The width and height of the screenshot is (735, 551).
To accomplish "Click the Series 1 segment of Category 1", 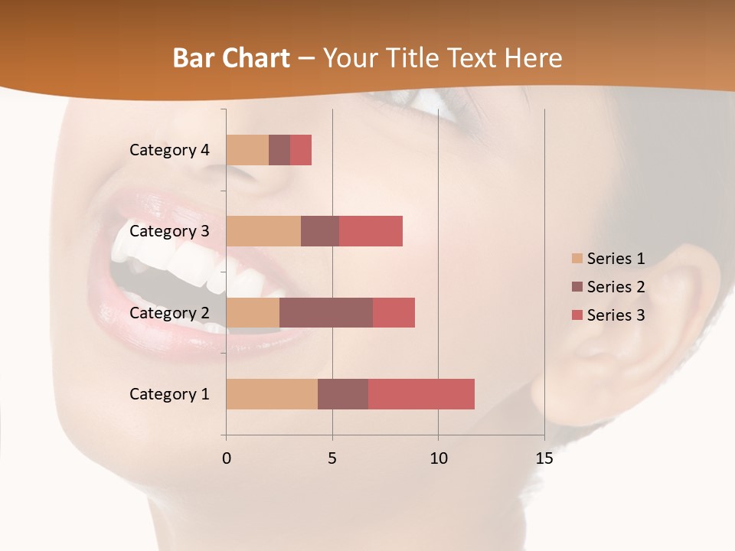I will (272, 393).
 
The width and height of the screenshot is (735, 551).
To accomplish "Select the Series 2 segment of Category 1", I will (343, 393).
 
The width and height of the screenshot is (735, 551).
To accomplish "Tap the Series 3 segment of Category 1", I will (421, 393).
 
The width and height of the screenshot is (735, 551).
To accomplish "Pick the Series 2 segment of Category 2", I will (326, 312).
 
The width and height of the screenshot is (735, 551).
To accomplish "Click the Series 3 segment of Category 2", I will (394, 312).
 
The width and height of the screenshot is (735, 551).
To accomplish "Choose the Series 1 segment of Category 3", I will (263, 231).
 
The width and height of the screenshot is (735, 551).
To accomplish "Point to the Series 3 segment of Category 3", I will (371, 231).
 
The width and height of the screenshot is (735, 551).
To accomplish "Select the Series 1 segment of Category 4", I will (247, 150).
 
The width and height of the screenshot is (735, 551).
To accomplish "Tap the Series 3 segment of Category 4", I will (301, 150).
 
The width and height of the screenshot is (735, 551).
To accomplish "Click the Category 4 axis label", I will (169, 150).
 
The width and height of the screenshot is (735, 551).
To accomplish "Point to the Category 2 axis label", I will (169, 312).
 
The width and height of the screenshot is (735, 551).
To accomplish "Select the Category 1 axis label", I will (169, 394).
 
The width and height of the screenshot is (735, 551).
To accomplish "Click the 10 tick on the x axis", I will (438, 458).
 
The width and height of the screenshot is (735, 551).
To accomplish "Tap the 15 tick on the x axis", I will (544, 458).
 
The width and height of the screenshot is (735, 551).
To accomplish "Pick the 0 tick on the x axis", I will (226, 458).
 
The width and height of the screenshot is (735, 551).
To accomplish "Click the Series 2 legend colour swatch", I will (577, 287).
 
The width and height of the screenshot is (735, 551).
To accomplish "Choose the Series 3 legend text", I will (616, 315).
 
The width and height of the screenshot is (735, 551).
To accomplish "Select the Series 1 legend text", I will (616, 259).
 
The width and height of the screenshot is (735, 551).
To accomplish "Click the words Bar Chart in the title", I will (231, 58).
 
